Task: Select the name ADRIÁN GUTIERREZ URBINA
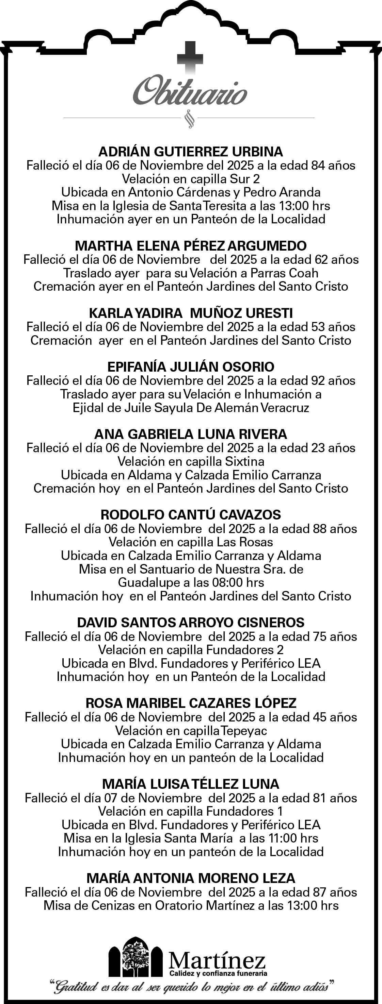point(191,152)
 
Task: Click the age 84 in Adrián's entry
point(318,165)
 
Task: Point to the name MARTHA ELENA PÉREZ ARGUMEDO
point(191,246)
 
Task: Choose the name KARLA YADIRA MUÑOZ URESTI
point(191,313)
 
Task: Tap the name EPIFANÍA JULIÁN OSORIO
point(191,367)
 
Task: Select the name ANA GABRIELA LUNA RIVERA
point(191,434)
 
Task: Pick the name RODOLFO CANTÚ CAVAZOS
point(191,515)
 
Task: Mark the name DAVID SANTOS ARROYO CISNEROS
point(191,623)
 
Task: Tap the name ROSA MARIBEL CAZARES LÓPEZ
point(191,703)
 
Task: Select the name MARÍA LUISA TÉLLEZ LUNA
point(191,784)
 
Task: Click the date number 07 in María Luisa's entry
point(111,798)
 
